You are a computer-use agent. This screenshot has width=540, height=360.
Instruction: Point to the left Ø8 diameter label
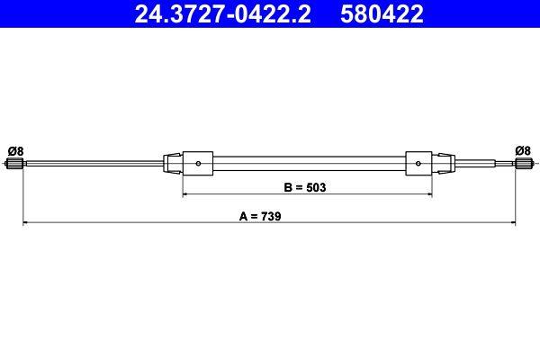[14, 149]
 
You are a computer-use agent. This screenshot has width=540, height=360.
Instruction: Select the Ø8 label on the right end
[522, 149]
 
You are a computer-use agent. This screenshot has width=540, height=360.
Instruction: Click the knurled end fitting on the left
[14, 164]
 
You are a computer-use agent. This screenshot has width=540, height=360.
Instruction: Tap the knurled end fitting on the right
[521, 164]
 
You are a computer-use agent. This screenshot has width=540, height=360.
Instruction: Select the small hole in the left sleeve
[199, 164]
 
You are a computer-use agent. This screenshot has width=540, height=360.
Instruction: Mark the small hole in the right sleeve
[418, 164]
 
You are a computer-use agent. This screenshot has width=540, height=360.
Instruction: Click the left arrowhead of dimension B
[186, 193]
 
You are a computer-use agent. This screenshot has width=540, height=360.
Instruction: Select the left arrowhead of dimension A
[25, 222]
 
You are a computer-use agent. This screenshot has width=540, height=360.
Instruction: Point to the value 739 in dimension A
[272, 216]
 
